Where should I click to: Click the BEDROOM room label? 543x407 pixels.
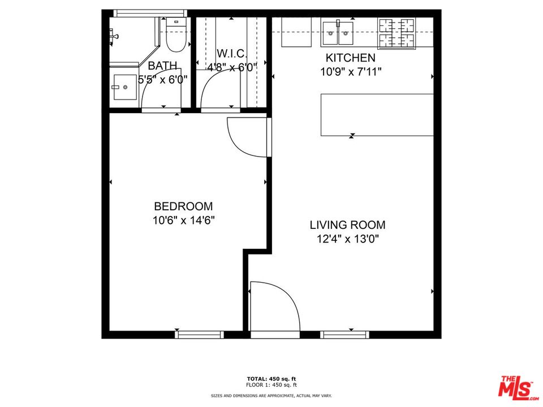(x=183, y=206)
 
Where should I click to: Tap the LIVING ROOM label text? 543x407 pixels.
(x=347, y=224)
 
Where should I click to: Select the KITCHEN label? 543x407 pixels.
(x=350, y=58)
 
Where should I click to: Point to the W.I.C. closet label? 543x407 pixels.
(x=232, y=54)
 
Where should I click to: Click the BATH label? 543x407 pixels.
(x=163, y=66)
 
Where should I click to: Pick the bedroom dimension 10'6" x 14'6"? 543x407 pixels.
(x=183, y=220)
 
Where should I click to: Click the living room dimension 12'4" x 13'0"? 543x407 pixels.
(x=347, y=239)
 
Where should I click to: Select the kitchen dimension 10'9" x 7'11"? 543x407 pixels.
(x=350, y=72)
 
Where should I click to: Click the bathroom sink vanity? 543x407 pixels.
(x=123, y=88)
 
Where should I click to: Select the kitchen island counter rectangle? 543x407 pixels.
(x=377, y=115)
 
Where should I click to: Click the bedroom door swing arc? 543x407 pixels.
(x=247, y=137)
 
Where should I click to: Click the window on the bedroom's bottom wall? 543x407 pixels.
(x=199, y=335)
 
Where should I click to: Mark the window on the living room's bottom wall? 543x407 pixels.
(x=344, y=335)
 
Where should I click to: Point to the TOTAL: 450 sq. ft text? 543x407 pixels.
(x=271, y=378)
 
